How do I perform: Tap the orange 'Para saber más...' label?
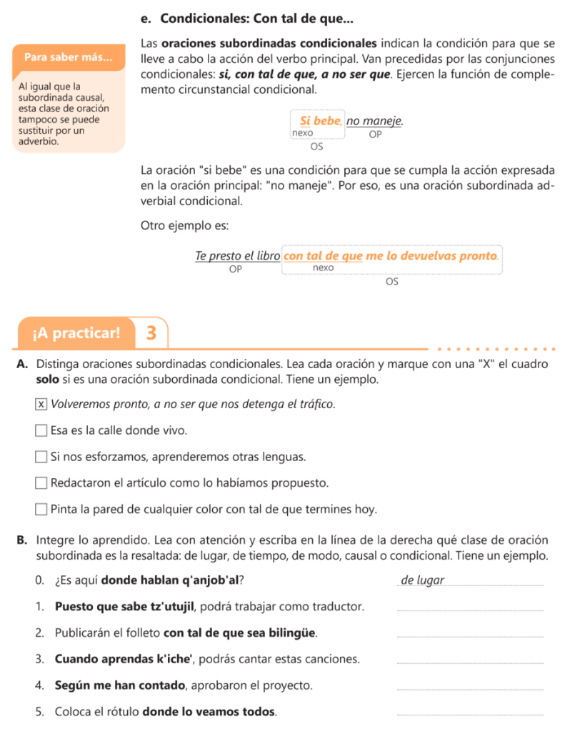pos(69,56)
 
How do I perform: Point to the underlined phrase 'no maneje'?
pos(375,121)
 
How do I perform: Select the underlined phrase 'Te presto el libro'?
pos(237,255)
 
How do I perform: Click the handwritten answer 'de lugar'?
pos(423,580)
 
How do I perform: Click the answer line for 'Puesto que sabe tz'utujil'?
pos(469,610)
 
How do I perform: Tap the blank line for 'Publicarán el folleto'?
pos(469,636)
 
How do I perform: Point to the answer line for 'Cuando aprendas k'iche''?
pos(469,663)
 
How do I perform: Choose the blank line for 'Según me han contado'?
pos(469,689)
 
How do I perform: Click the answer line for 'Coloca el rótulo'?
pos(469,715)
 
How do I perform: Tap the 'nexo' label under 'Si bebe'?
pos(302,133)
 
